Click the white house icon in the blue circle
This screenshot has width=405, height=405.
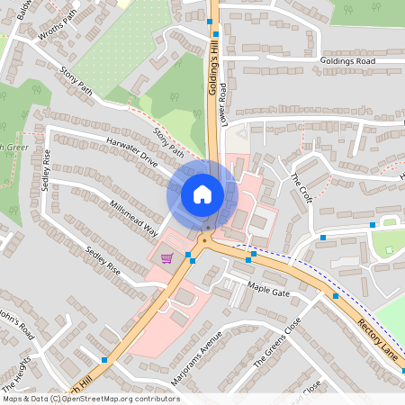pos(202,194)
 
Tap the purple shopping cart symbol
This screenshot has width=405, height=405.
pos(166,258)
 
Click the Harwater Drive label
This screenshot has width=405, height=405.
pos(131,151)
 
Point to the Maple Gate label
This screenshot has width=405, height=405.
pos(269,292)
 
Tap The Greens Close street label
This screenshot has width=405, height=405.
pos(274,346)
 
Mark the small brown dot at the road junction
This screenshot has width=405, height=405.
pos(205,240)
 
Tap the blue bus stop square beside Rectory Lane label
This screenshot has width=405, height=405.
pos(336,295)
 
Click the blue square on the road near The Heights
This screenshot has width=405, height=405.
pos(105,360)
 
